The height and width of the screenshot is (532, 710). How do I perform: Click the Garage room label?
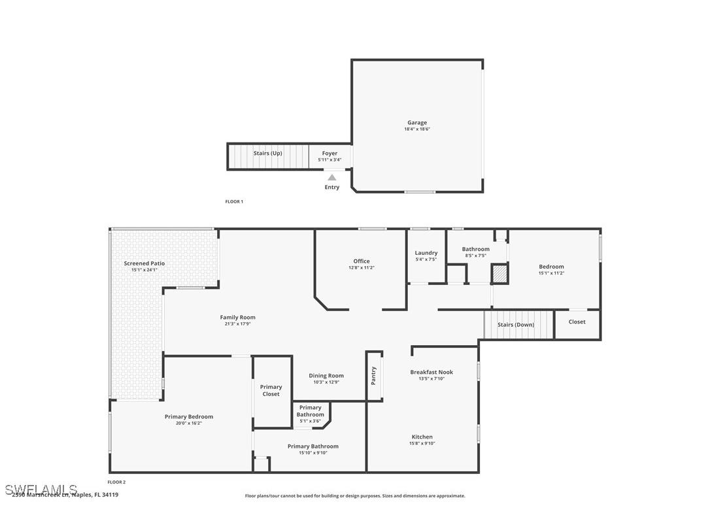[x=417, y=123]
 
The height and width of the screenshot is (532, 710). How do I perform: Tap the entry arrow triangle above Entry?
[x=332, y=177]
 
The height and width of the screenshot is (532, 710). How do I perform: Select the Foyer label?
[x=330, y=154]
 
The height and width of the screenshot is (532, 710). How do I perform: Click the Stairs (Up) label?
[x=267, y=154]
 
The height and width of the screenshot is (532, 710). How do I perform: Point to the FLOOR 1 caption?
[x=234, y=202]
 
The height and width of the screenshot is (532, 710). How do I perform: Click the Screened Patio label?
[x=144, y=263]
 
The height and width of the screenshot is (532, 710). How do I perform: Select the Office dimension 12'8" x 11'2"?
[x=362, y=268]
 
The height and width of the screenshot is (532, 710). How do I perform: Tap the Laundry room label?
[x=426, y=253]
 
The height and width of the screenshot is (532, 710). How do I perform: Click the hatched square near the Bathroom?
[x=499, y=274]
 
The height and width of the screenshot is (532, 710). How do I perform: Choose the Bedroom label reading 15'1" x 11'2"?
[x=551, y=273]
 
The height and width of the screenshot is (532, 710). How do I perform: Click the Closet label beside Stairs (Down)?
[x=577, y=322]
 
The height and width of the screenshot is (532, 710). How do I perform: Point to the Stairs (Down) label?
[x=516, y=325]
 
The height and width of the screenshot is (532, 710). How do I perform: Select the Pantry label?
[x=374, y=375]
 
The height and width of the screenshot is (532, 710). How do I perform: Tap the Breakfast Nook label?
[x=431, y=373]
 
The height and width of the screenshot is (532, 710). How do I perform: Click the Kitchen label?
[x=422, y=437]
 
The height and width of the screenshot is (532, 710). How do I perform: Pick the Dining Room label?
[x=326, y=376]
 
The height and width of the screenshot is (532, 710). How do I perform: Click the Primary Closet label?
[x=271, y=391]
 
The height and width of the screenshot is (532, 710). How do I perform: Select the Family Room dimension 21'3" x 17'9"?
[x=237, y=324]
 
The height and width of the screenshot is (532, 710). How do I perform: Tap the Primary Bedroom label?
[x=189, y=417]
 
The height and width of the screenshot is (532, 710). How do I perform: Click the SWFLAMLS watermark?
[x=41, y=489]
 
